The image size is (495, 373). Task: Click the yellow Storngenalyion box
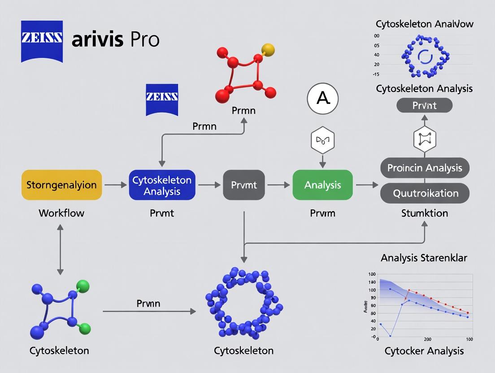(x=62, y=185)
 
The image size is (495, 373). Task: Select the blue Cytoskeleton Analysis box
(x=162, y=185)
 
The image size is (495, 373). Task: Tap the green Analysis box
(x=322, y=185)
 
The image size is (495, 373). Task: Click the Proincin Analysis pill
(x=424, y=168)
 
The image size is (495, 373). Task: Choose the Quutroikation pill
(x=424, y=193)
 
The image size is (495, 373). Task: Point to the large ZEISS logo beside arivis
(x=42, y=40)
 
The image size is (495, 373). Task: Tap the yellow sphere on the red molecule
(x=267, y=48)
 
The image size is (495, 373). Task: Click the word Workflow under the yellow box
(x=61, y=213)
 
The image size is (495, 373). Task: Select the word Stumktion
(x=424, y=213)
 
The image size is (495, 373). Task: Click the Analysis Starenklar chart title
(x=424, y=258)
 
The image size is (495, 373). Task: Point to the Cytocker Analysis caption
(x=424, y=351)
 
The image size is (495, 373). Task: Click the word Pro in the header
(x=145, y=40)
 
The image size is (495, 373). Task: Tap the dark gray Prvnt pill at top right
(x=424, y=106)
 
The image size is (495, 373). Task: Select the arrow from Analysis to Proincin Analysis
(x=366, y=185)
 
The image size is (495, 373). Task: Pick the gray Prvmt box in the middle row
(x=243, y=185)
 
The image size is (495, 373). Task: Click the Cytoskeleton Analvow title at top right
(x=424, y=24)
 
